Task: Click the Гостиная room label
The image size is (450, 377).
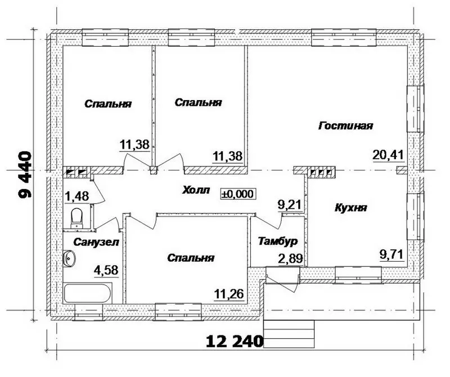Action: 345,126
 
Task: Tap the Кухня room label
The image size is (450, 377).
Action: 350,208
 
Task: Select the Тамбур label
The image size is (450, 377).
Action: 277,241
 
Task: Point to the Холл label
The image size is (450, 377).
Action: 196,190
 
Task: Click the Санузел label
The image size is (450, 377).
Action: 96,243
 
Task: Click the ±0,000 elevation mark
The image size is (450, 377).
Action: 237,194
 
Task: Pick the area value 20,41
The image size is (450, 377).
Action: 388,155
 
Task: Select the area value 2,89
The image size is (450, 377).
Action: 290,259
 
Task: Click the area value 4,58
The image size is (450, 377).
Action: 106,270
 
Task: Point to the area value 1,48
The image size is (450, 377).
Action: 77,197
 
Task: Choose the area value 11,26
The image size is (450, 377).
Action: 229,294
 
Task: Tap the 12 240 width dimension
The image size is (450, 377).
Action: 235,342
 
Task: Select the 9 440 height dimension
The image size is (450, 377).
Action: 25,174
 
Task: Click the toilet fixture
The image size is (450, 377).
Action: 76,218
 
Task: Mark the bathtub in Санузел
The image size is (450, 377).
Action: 88,293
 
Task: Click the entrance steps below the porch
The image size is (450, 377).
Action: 289,334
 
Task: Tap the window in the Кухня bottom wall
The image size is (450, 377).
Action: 358,275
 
